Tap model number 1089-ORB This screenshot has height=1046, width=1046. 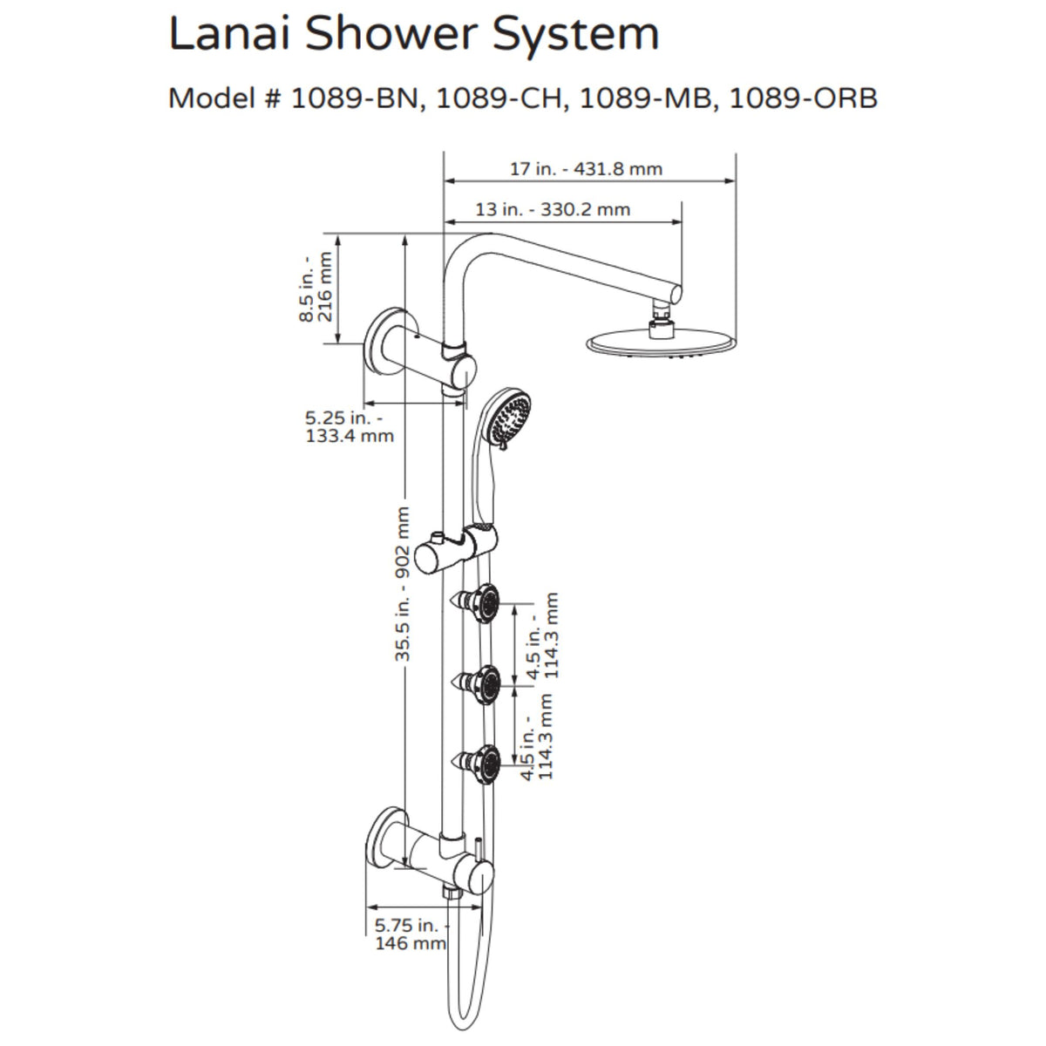pyautogui.click(x=803, y=98)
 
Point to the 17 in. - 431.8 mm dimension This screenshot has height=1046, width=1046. pyautogui.click(x=586, y=169)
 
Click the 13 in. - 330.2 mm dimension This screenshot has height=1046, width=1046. pyautogui.click(x=553, y=210)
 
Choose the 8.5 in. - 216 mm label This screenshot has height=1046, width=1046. pyautogui.click(x=316, y=289)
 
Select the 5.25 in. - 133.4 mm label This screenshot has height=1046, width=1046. pyautogui.click(x=349, y=426)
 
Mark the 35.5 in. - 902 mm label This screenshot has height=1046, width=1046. pyautogui.click(x=403, y=584)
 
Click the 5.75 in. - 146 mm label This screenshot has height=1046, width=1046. pyautogui.click(x=410, y=934)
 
